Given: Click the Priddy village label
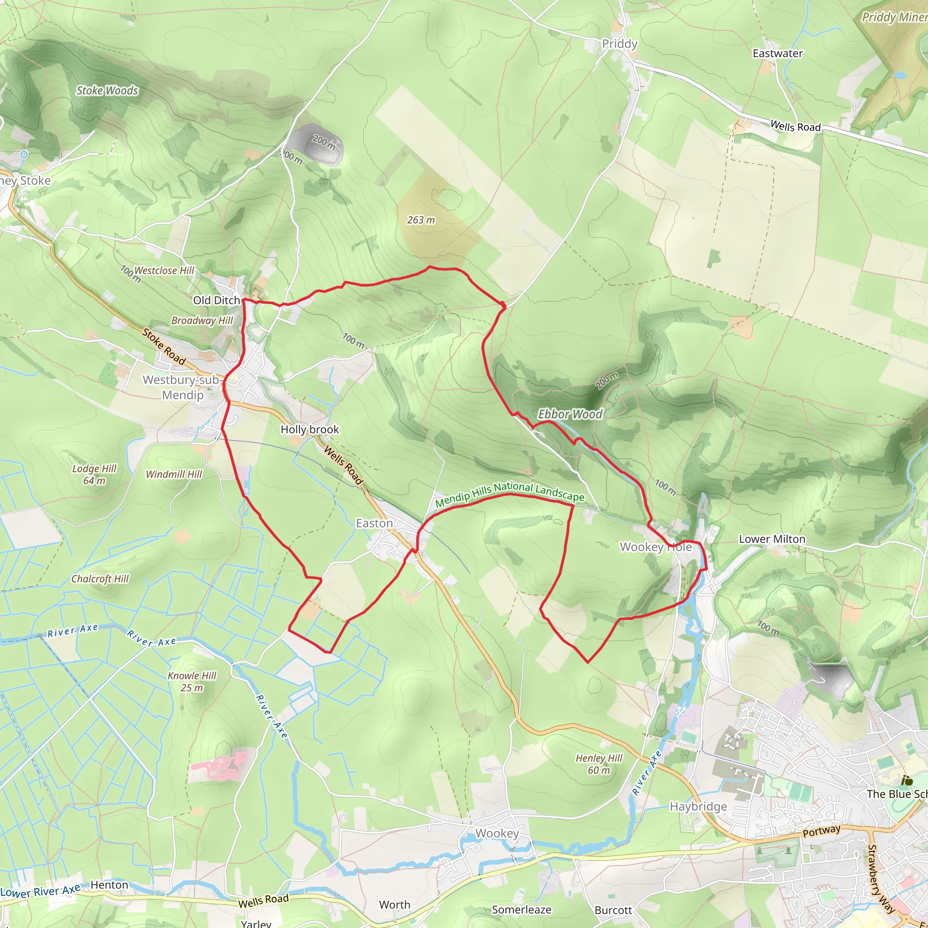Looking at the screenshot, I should pos(619,44).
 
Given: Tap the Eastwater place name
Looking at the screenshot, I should pos(777,53).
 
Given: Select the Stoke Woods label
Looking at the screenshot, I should pos(107,90).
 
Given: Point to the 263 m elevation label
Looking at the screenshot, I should pos(421,220).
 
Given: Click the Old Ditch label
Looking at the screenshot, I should pos(216,300).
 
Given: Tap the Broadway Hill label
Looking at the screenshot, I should pos(202,320).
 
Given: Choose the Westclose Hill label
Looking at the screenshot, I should pos(164,271).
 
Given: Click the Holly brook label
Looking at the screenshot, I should pos(310,430).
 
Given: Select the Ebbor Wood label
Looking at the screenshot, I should pos(570,414).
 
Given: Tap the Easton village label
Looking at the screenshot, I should pos(374,523).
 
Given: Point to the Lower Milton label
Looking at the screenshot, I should pos(772,539).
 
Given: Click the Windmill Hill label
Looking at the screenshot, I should pos(174,474).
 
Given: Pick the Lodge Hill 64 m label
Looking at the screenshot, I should pos(94,474).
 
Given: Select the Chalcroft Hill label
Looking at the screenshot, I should pos(100,579).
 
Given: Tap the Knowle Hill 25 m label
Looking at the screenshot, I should pos(192,681).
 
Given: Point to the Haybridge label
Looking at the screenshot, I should pos(698,807).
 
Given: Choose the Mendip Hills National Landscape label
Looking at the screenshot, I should pos(510,494).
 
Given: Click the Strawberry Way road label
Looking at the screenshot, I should pos(881,879).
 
